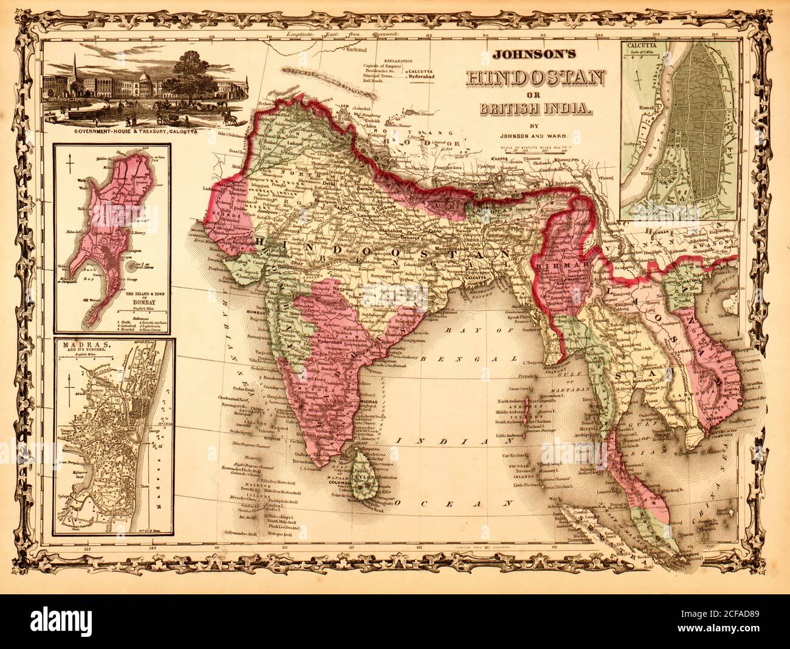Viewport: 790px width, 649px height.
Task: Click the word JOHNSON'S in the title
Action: [x=534, y=53]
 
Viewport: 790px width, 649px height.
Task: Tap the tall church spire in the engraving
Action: [x=74, y=72]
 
